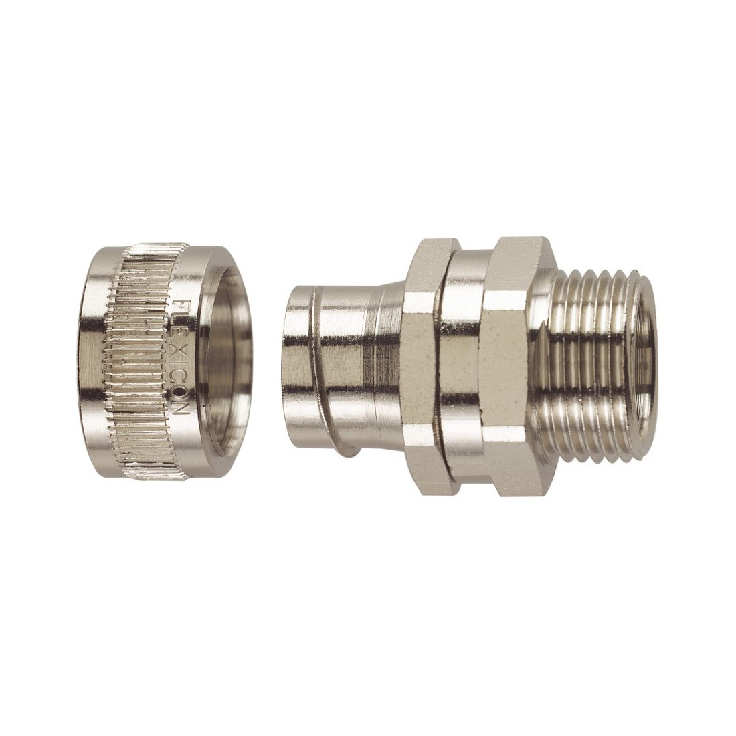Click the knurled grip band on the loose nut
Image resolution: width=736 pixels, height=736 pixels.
point(137,361)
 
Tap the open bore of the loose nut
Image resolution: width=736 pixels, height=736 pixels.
point(231,361)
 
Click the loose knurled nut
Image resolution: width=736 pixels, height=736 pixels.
point(161,361)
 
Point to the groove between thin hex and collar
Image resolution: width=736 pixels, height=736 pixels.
point(442,361)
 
